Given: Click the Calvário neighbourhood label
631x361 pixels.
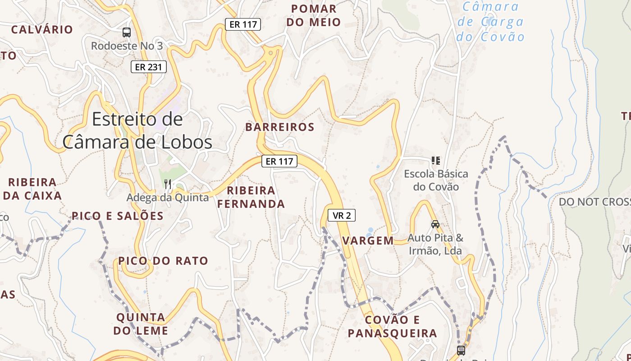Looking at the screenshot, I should pyautogui.click(x=42, y=30).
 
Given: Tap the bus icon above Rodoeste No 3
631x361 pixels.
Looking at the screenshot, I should pyautogui.click(x=127, y=32).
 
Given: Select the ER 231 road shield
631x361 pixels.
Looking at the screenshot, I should pyautogui.click(x=149, y=67).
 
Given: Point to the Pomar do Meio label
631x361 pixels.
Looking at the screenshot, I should pyautogui.click(x=314, y=15).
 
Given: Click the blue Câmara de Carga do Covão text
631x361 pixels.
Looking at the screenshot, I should pyautogui.click(x=490, y=22).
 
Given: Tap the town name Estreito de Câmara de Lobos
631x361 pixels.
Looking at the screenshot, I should pyautogui.click(x=137, y=130).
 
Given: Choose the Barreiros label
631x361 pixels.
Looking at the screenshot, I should pyautogui.click(x=279, y=127).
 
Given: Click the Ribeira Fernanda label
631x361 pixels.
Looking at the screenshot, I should pyautogui.click(x=251, y=197).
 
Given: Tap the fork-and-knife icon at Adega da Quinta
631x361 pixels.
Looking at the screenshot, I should pyautogui.click(x=168, y=184).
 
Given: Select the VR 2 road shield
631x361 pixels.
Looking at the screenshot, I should pyautogui.click(x=341, y=216).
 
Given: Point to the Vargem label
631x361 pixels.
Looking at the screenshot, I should pyautogui.click(x=368, y=241).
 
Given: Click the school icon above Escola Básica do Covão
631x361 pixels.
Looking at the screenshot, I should pyautogui.click(x=435, y=161).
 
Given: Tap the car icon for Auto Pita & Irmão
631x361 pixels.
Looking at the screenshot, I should pyautogui.click(x=435, y=224).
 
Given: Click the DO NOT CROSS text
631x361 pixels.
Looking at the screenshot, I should pyautogui.click(x=594, y=202).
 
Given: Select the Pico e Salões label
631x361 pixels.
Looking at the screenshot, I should pyautogui.click(x=118, y=216).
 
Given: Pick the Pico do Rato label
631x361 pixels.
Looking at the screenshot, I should pyautogui.click(x=163, y=261).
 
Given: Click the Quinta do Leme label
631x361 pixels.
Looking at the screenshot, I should pyautogui.click(x=141, y=324).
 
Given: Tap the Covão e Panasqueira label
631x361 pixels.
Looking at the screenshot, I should pyautogui.click(x=392, y=327).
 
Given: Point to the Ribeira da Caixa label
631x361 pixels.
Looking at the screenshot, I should pyautogui.click(x=32, y=189).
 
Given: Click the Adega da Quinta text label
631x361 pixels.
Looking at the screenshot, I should pyautogui.click(x=168, y=198).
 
